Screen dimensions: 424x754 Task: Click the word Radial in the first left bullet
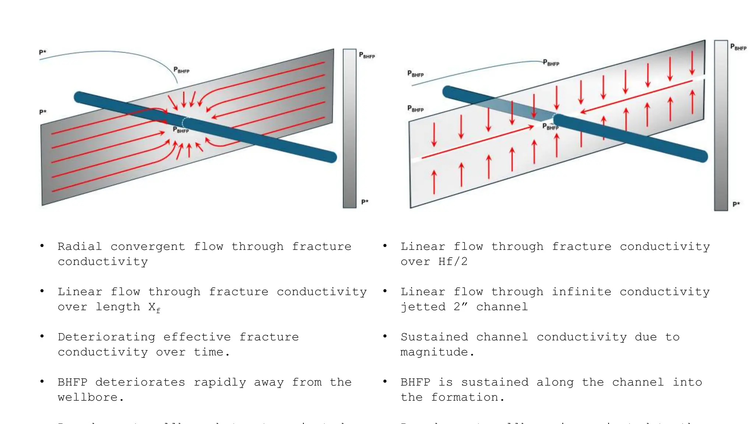coord(80,246)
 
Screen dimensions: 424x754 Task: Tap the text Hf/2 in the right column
coord(452,262)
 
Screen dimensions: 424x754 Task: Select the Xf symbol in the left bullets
coord(154,307)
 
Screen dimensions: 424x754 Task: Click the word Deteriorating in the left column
coord(106,337)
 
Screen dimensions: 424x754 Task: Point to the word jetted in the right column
coord(423,307)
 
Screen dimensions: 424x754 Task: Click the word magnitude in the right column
coord(434,352)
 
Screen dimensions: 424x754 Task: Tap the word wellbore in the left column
coord(88,397)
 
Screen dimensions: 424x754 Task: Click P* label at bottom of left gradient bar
coord(364,202)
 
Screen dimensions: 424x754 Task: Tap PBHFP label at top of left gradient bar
coord(367,55)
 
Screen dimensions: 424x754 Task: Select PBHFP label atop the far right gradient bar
coord(738,47)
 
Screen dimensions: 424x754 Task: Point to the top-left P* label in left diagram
coord(43,52)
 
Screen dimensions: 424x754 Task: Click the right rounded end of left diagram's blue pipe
coord(331,157)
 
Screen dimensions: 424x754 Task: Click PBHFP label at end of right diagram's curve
coord(551,63)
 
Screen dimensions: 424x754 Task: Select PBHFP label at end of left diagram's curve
coord(181,70)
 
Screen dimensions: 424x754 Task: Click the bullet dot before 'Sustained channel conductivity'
coord(385,336)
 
